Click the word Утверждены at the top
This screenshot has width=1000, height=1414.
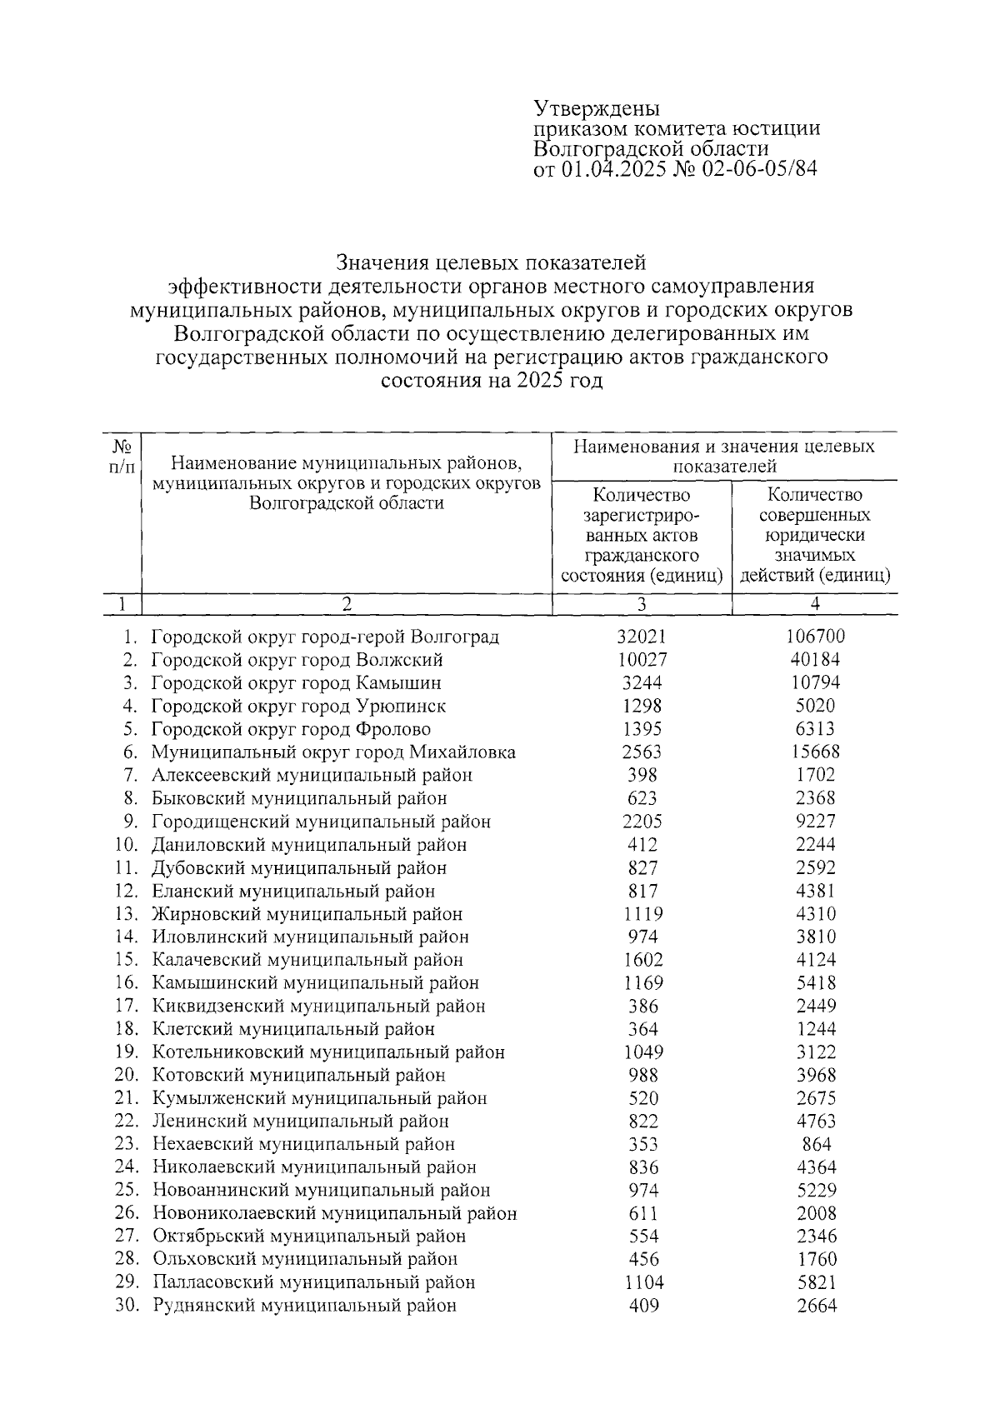pyautogui.click(x=597, y=109)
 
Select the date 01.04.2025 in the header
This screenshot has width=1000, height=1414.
pyautogui.click(x=612, y=169)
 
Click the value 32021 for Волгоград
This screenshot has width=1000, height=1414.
pyautogui.click(x=642, y=637)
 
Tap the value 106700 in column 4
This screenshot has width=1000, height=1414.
pyautogui.click(x=815, y=637)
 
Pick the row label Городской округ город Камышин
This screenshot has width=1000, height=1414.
pyautogui.click(x=296, y=683)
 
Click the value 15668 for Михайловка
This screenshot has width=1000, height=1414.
pyautogui.click(x=815, y=752)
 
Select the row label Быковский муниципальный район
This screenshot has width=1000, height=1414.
pyautogui.click(x=298, y=798)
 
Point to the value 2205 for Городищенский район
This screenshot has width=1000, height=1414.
pyautogui.click(x=642, y=822)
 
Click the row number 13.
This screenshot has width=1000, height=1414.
pyautogui.click(x=126, y=914)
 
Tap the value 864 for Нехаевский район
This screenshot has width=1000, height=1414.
pyautogui.click(x=815, y=1144)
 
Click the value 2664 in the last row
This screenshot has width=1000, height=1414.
pyautogui.click(x=815, y=1306)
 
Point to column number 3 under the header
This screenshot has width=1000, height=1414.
pyautogui.click(x=642, y=604)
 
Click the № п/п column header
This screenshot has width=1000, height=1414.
pyautogui.click(x=122, y=457)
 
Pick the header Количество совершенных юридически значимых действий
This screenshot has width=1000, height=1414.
pyautogui.click(x=815, y=535)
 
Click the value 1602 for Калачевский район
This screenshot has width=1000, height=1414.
pyautogui.click(x=642, y=960)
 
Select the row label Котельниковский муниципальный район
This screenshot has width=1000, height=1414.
pyautogui.click(x=328, y=1052)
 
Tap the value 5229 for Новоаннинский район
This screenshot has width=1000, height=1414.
pyautogui.click(x=815, y=1190)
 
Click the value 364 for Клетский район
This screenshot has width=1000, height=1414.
pyautogui.click(x=642, y=1029)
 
